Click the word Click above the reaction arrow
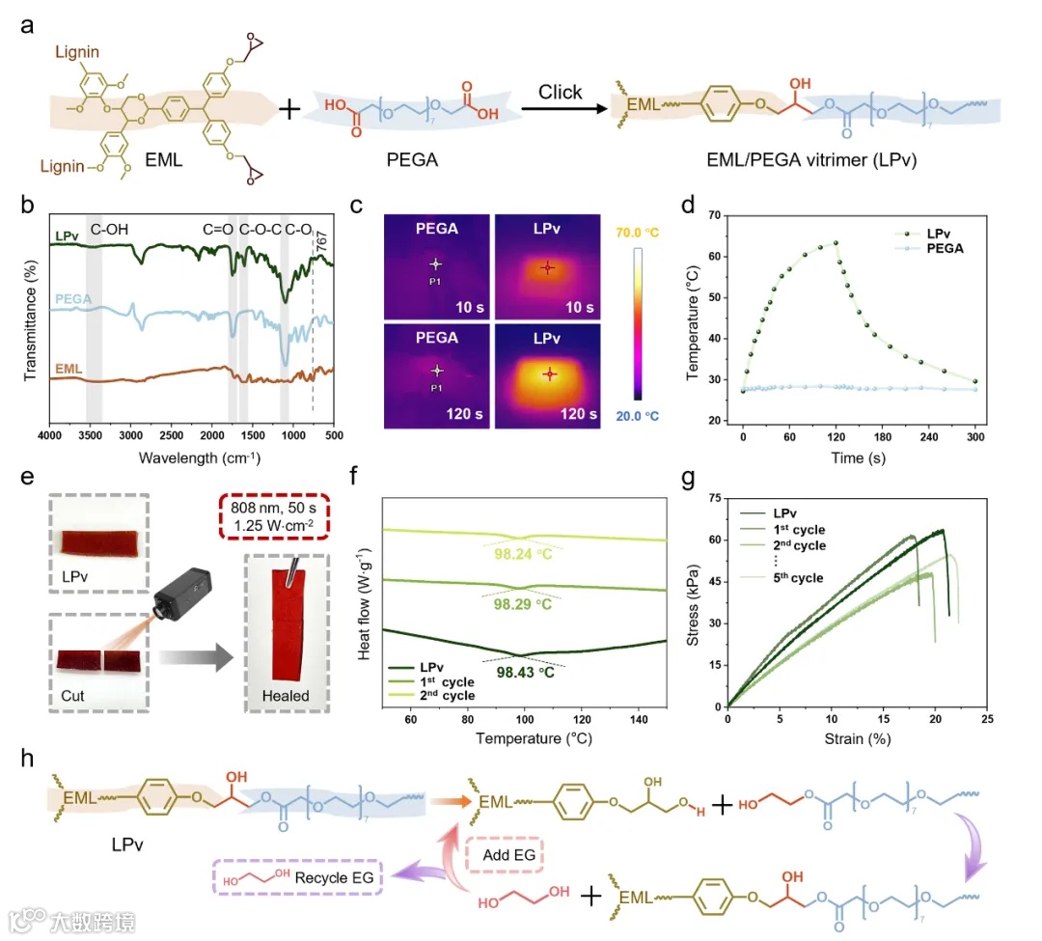tap(561, 92)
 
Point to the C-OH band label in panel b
tap(109, 231)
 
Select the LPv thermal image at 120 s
tap(547, 374)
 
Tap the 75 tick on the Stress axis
tap(715, 498)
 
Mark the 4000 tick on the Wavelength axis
tap(50, 437)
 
